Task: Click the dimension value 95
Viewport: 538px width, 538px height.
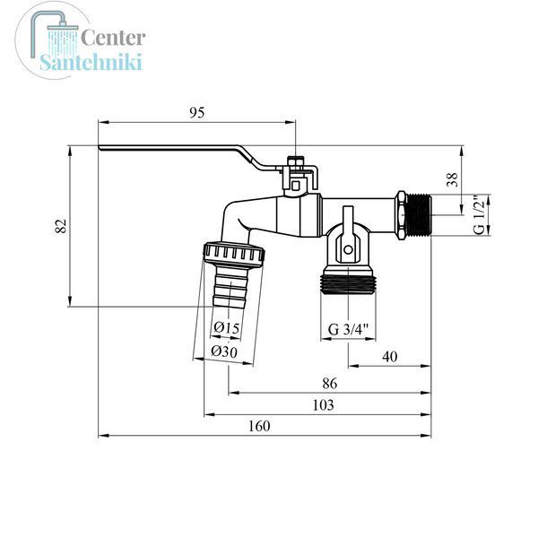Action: (x=197, y=113)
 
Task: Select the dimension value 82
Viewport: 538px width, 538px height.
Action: (x=61, y=226)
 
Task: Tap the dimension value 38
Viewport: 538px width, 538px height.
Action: (x=452, y=179)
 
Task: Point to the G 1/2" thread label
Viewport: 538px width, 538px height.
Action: (x=479, y=215)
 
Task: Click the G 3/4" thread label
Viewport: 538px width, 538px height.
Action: (x=348, y=329)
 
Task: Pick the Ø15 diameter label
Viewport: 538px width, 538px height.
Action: (x=226, y=327)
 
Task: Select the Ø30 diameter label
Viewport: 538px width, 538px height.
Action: (x=224, y=351)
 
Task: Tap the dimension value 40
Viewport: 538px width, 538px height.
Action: (x=390, y=357)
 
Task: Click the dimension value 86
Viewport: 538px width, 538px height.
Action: (x=329, y=383)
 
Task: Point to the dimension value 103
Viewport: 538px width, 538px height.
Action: (x=323, y=405)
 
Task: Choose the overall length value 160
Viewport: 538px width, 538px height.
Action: (x=259, y=426)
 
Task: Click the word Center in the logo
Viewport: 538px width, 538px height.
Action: (x=113, y=38)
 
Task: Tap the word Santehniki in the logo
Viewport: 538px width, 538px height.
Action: (x=91, y=62)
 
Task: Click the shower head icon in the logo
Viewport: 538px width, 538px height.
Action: (x=55, y=36)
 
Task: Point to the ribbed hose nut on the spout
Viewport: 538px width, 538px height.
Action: (x=234, y=253)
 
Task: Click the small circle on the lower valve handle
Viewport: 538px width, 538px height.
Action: (x=348, y=249)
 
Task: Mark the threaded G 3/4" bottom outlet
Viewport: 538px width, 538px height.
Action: (x=348, y=281)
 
